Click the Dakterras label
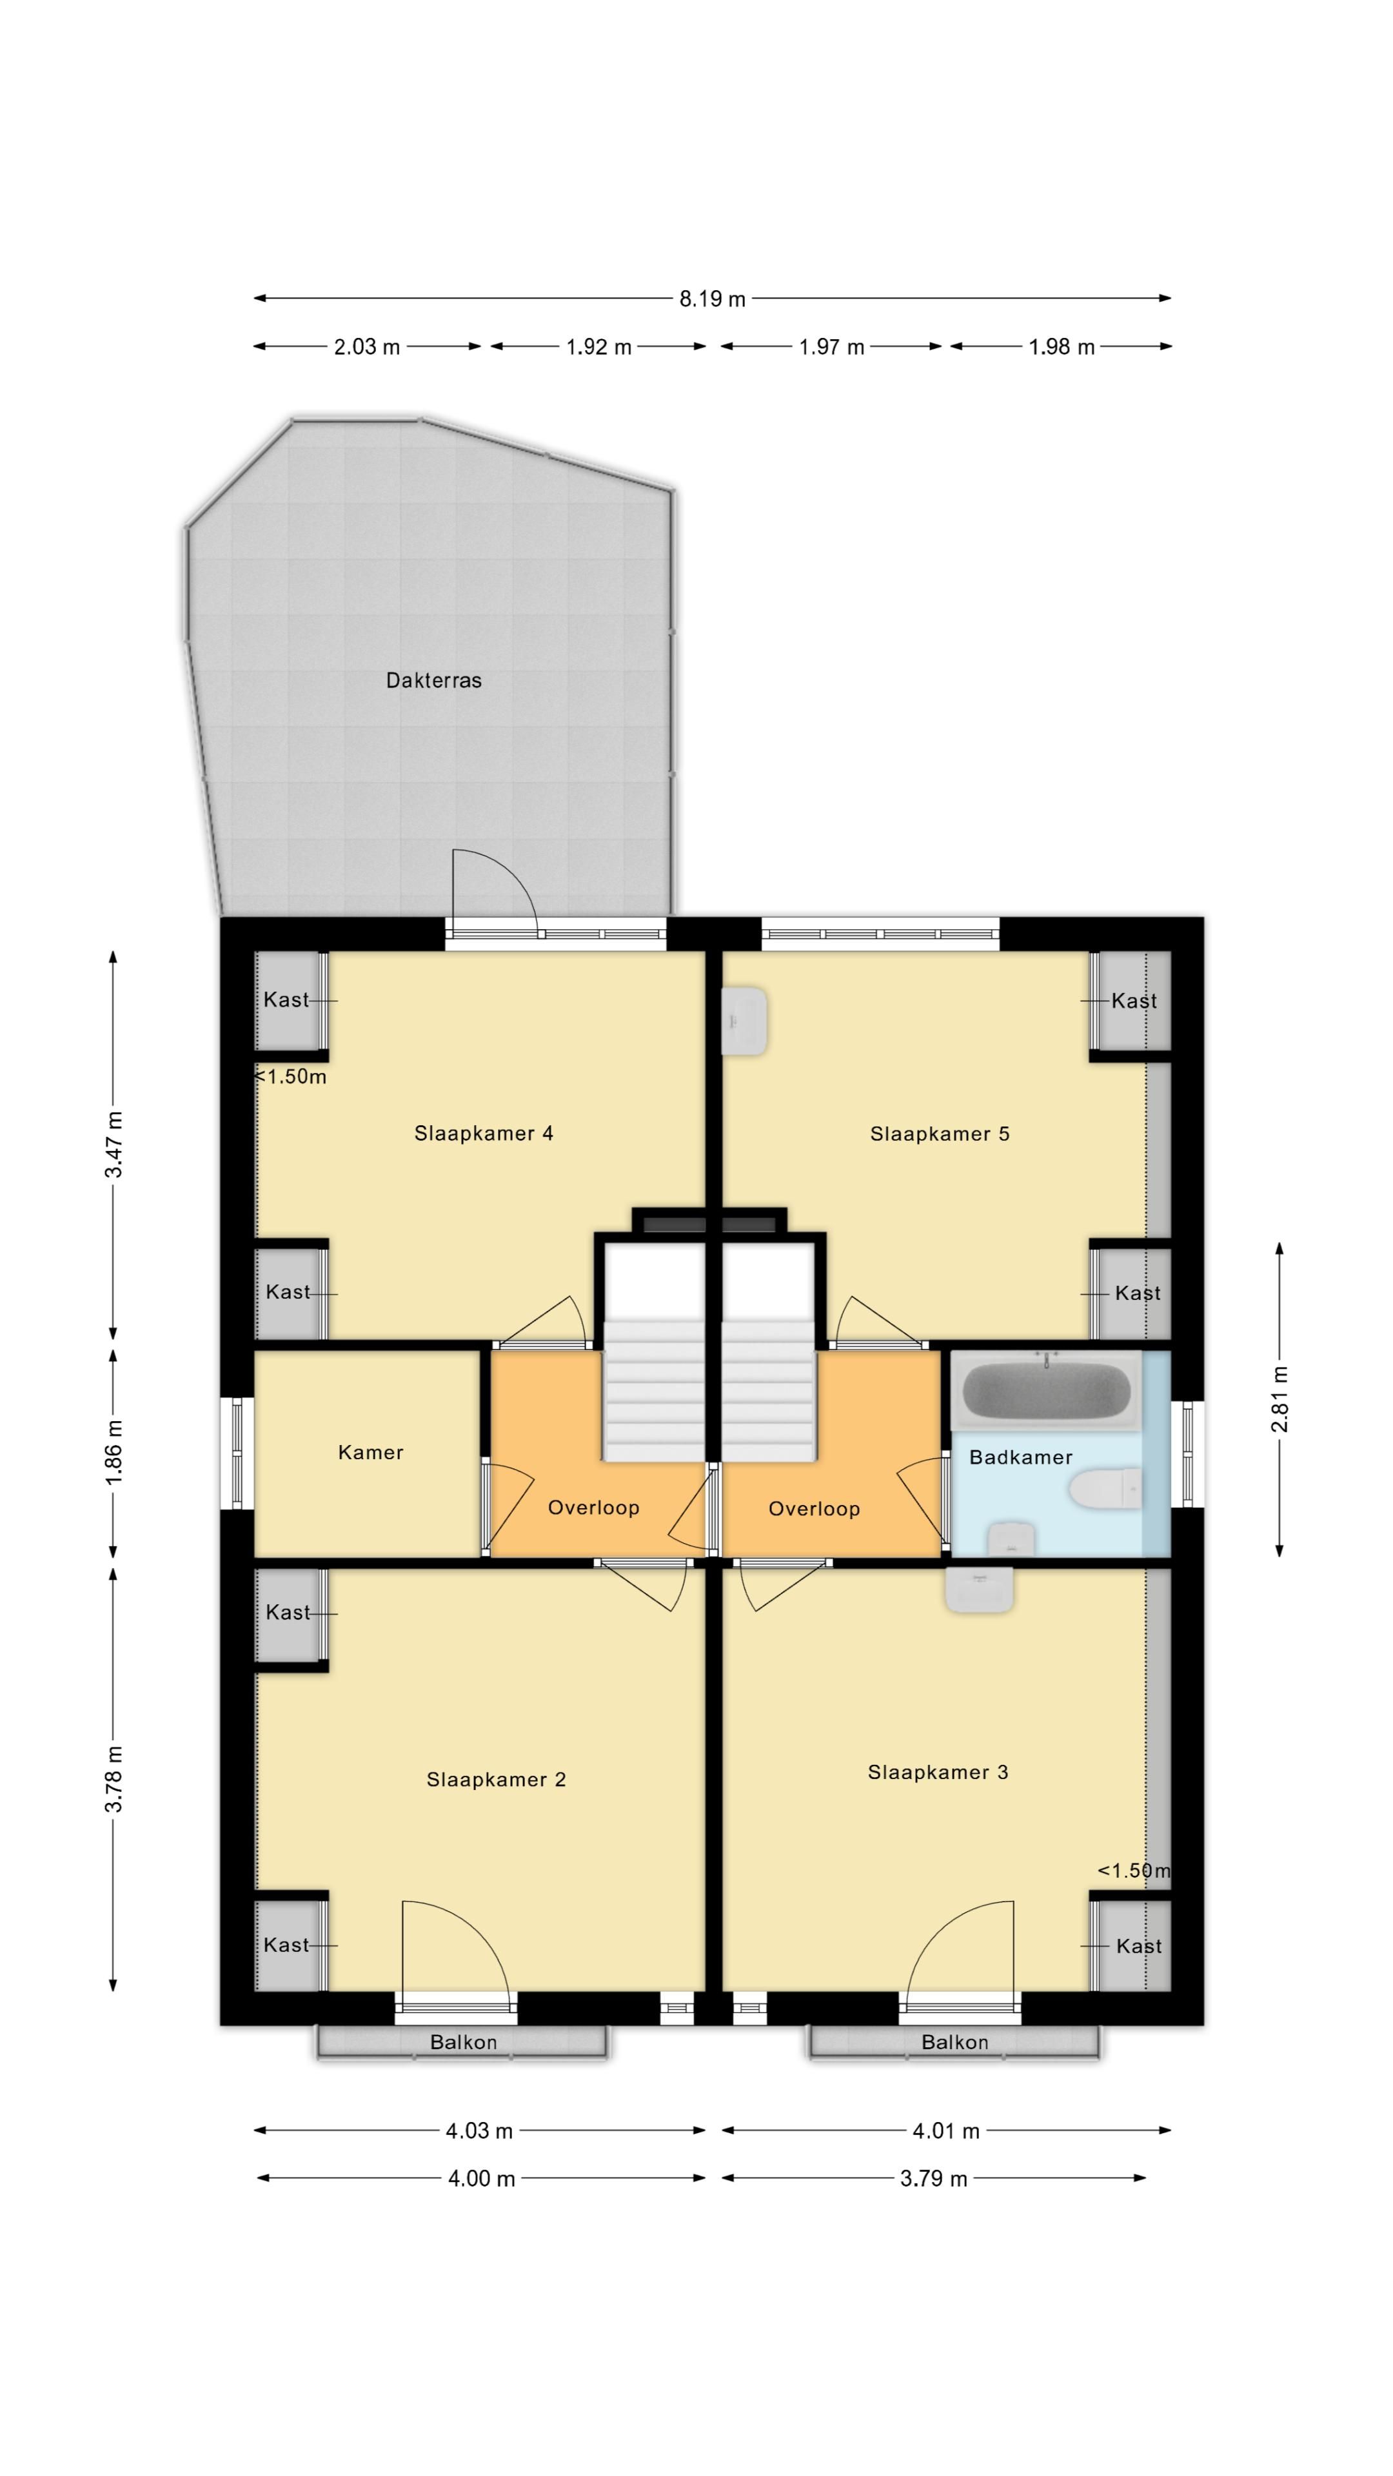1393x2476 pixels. coord(433,680)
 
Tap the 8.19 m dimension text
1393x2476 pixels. coord(713,299)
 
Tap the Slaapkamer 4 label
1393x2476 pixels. coord(484,1134)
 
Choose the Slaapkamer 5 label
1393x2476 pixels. coord(939,1134)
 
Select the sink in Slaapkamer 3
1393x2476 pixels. coord(979,1590)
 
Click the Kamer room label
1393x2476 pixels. coord(370,1452)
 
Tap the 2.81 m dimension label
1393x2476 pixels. coord(1279,1399)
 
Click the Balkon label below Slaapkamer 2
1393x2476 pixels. coord(464,2043)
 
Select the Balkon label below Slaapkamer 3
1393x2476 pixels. coord(954,2043)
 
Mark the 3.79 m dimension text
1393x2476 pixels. coord(933,2179)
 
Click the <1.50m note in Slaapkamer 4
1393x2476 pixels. coord(290,1077)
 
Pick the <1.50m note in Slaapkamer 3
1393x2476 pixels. coord(1134,1871)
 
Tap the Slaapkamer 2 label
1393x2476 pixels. coord(496,1780)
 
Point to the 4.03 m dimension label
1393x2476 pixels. coord(479,2131)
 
